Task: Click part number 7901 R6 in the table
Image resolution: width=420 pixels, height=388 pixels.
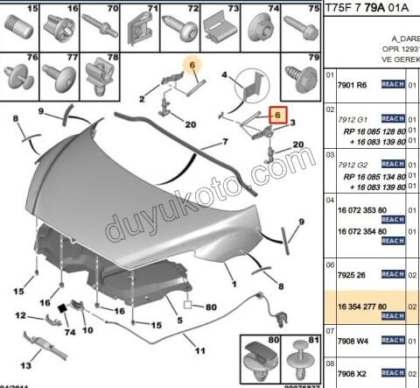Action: (353, 86)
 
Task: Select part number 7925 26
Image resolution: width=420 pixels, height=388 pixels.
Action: (350, 273)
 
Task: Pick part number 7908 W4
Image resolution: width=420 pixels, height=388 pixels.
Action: (353, 341)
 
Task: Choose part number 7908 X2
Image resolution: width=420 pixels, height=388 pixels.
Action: (353, 372)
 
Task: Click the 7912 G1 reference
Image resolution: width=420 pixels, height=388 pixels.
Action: (353, 117)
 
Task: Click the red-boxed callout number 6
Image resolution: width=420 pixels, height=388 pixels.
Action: (277, 115)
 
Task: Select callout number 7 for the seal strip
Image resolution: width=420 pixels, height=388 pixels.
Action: (225, 141)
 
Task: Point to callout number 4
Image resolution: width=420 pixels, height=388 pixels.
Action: (225, 75)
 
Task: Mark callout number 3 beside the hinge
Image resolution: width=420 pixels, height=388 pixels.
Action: (294, 122)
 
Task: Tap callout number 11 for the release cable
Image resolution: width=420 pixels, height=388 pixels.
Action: (199, 350)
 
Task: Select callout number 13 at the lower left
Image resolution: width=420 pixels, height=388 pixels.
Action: (26, 365)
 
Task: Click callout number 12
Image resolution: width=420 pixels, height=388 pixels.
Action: (19, 315)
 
